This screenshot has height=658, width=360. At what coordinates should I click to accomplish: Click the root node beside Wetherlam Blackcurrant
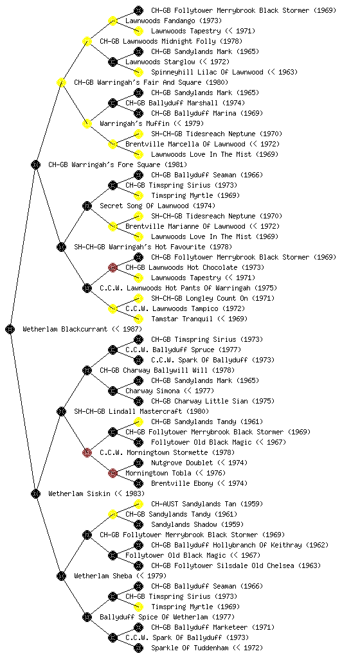click(10, 329)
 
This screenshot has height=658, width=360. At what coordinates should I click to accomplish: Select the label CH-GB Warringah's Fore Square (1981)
click(118, 164)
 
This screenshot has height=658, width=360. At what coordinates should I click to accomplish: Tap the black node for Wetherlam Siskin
click(35, 493)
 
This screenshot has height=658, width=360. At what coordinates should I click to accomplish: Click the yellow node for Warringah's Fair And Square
click(61, 82)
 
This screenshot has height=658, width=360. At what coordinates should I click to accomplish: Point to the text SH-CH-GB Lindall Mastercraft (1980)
click(141, 411)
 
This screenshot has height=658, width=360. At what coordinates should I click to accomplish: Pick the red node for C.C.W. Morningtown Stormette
click(87, 452)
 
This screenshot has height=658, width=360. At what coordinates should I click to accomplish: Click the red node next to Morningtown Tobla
click(113, 473)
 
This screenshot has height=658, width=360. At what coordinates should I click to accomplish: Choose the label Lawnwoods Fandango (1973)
click(174, 21)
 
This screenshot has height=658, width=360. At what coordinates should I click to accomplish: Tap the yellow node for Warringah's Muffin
click(87, 123)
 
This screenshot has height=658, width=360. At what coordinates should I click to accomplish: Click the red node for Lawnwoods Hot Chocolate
click(113, 267)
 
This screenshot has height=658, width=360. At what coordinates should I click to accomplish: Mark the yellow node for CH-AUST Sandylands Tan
click(138, 504)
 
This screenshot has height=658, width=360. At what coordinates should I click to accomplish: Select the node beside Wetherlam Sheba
click(61, 576)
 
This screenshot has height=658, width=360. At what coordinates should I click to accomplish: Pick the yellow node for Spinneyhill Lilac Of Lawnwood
click(138, 72)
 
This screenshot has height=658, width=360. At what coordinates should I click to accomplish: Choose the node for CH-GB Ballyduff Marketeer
click(138, 627)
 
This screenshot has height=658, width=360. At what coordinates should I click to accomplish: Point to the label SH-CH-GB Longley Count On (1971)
click(213, 298)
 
